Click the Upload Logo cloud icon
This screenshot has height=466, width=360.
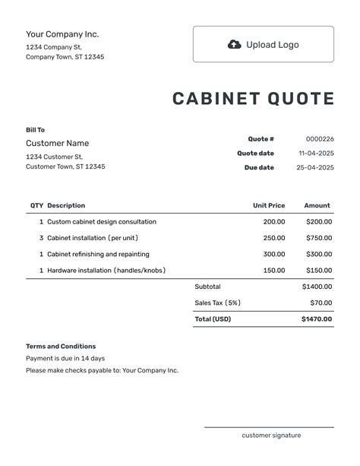(235, 45)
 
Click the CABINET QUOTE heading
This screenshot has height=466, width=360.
(253, 99)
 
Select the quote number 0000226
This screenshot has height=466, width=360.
(320, 139)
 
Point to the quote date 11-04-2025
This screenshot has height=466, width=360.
(316, 154)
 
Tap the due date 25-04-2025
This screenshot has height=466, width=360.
(315, 167)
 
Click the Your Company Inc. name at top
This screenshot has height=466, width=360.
(62, 34)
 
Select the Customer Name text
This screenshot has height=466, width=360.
(57, 143)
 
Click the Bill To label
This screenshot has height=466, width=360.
(36, 130)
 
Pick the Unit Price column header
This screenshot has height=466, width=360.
(269, 205)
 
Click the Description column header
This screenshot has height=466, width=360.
(66, 205)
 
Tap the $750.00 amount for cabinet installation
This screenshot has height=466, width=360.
(318, 238)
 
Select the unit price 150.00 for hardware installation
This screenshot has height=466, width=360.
(274, 271)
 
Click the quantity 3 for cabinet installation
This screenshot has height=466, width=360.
(41, 238)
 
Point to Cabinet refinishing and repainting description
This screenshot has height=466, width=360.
(98, 254)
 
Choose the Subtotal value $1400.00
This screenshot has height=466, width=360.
(317, 287)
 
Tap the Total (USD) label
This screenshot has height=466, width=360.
(213, 319)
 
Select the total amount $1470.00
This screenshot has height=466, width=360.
(317, 319)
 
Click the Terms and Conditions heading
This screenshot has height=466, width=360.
(61, 346)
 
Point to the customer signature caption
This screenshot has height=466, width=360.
(271, 436)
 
